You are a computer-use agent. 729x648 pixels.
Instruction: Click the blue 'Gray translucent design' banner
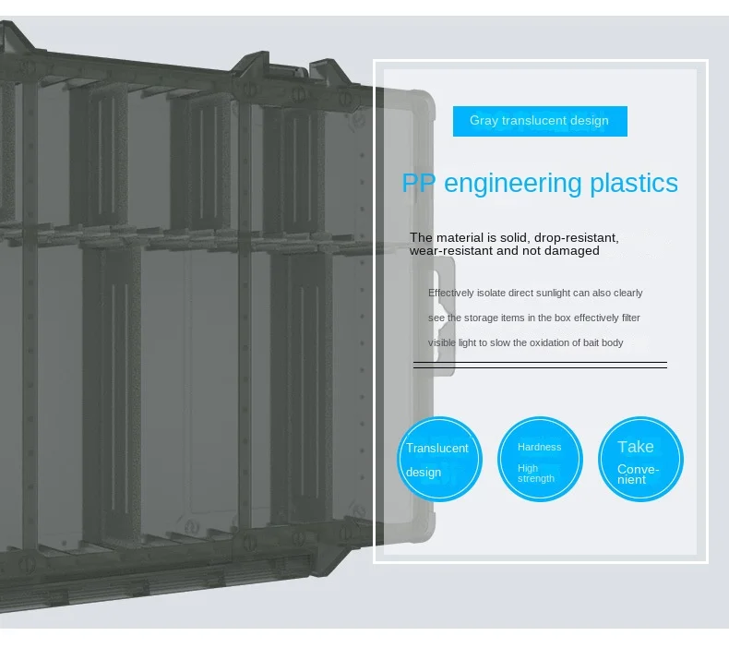[540, 121]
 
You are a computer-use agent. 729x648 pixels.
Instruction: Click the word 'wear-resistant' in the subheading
[450, 251]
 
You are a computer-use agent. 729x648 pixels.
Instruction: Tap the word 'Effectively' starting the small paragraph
[451, 293]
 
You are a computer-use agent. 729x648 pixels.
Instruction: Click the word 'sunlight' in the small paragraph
[550, 293]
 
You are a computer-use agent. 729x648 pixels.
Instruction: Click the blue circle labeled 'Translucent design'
[439, 460]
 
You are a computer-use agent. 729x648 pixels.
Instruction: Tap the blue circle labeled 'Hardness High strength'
[540, 460]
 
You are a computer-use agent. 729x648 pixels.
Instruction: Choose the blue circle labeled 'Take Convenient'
[640, 460]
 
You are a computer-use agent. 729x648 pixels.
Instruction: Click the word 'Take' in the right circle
[636, 447]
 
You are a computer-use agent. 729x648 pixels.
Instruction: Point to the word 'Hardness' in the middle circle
[539, 447]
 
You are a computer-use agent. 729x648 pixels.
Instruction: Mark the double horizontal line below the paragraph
[540, 366]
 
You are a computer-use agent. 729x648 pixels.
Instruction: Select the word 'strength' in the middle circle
[536, 479]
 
